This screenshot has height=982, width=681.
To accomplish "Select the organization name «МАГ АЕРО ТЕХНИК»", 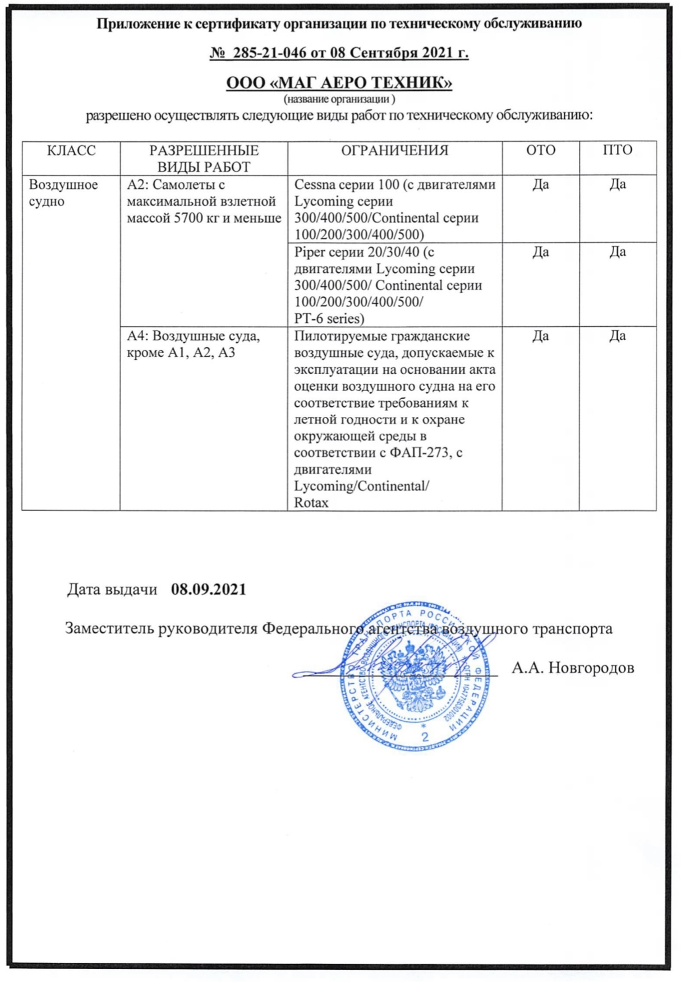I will click(339, 83).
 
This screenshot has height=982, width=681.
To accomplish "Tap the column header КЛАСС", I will click(71, 150).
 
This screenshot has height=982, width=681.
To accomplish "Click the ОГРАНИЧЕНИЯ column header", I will click(395, 150).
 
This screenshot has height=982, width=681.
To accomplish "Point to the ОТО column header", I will click(540, 150).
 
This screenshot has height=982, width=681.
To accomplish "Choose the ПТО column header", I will click(617, 150).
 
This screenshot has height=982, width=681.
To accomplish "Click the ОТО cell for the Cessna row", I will click(540, 184).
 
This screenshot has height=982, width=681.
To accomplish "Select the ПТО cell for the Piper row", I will click(617, 252).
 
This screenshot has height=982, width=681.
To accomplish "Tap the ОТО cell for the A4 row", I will click(540, 336).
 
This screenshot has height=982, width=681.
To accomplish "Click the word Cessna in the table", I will click(314, 184).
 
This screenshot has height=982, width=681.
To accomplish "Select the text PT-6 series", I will click(329, 318).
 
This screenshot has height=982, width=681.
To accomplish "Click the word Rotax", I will click(311, 502).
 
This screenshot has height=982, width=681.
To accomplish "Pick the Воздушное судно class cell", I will click(63, 193).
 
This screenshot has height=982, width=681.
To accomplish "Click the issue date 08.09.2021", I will click(209, 590).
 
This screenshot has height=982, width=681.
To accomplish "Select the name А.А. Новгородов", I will click(573, 668).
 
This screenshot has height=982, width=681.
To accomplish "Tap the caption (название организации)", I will click(339, 99).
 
